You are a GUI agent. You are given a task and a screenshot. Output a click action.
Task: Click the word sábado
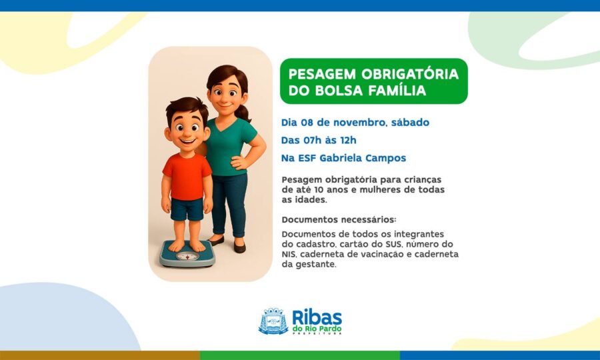pos(410,123)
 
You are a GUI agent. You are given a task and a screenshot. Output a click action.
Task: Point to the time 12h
pos(348,140)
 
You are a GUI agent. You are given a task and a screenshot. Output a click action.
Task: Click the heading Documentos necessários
pos(339,219)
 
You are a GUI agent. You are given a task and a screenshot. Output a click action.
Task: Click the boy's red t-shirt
pos(187,176)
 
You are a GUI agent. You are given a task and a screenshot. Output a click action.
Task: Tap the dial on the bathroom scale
pos(187,256)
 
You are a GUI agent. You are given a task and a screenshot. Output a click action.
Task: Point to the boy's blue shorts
pos(187,209)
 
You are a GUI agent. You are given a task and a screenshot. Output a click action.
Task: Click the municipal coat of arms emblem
pos(273,321)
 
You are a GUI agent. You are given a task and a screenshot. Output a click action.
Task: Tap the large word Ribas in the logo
pos(317,317)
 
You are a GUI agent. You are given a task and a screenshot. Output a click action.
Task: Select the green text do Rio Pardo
pos(317,329)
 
